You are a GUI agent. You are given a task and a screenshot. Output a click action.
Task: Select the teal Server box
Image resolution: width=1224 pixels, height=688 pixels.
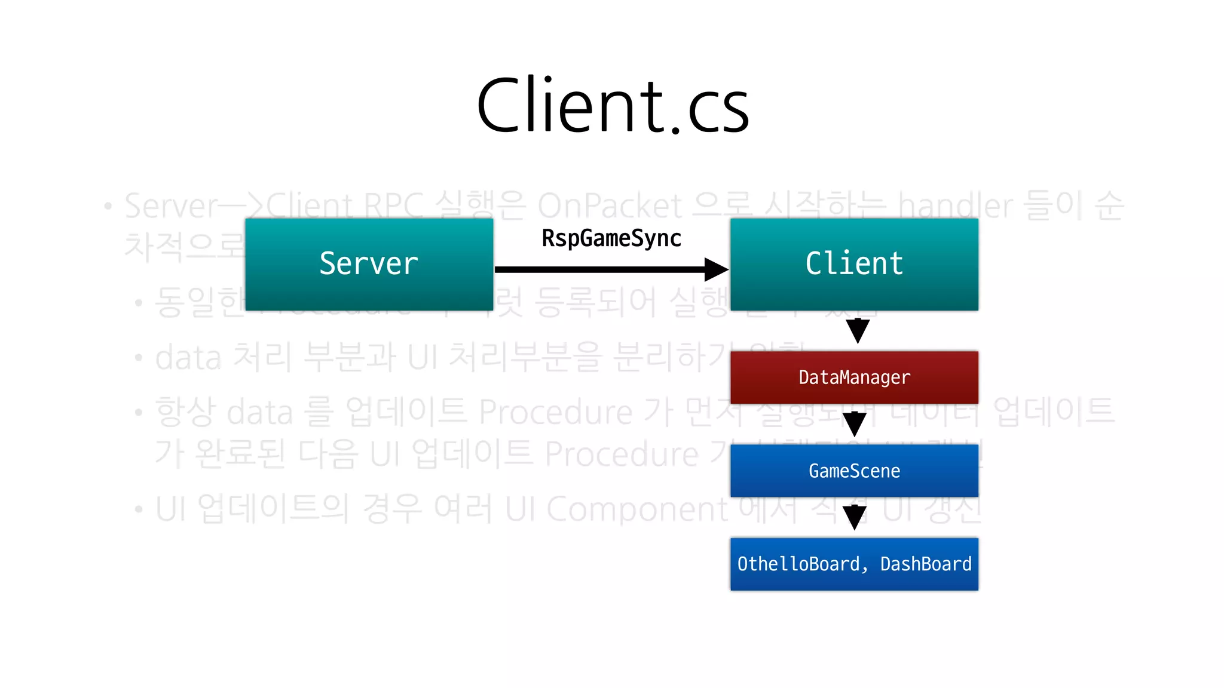(369, 264)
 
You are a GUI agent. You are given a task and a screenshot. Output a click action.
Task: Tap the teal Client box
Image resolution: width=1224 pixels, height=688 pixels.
(854, 264)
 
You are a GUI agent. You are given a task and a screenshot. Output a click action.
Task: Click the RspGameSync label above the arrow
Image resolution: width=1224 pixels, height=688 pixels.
(611, 238)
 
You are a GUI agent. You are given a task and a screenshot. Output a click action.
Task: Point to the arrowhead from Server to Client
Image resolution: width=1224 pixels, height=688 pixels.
(715, 269)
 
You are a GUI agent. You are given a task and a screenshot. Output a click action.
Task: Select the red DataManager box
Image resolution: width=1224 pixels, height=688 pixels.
(854, 377)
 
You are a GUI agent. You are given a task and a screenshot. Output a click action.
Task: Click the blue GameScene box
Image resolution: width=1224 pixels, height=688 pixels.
(854, 471)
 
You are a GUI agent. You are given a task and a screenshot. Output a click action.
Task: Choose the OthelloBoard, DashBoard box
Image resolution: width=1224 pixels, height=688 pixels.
(854, 564)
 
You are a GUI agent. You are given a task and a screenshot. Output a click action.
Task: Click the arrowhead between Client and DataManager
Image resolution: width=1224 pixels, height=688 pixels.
(858, 331)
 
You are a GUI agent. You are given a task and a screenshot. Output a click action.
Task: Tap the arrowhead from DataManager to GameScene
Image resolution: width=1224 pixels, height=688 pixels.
(854, 424)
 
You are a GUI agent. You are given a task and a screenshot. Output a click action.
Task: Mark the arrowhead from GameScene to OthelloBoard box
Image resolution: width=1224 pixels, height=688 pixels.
(855, 517)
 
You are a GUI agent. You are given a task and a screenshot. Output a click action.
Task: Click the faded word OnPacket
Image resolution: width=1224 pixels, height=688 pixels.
(609, 207)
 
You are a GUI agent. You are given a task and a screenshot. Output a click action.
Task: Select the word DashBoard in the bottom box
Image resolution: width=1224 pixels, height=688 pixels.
(925, 564)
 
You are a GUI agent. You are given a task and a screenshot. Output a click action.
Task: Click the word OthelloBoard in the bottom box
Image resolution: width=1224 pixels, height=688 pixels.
(798, 564)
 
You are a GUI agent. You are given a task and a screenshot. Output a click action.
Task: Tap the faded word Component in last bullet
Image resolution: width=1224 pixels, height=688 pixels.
(637, 509)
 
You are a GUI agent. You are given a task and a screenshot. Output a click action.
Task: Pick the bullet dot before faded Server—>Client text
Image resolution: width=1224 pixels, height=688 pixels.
(108, 207)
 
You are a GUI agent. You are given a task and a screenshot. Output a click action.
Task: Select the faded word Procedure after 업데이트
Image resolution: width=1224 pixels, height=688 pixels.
(555, 412)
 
